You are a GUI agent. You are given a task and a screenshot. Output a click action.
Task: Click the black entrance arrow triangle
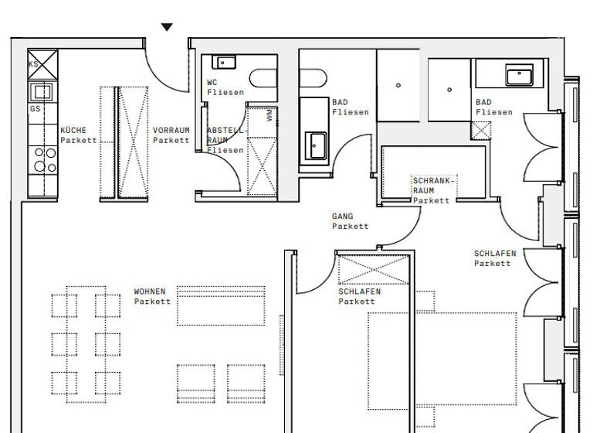coord(167,28)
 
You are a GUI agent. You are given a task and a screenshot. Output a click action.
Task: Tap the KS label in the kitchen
coord(34,64)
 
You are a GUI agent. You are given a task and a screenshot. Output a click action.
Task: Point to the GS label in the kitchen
coord(35,109)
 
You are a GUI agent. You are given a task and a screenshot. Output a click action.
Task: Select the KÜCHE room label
coord(74,131)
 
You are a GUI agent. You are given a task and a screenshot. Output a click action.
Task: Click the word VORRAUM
coord(171,131)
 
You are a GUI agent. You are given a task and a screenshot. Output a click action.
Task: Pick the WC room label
coord(212,82)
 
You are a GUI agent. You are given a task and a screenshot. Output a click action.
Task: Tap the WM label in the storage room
coord(269,115)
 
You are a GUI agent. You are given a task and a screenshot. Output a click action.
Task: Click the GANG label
coord(343,217)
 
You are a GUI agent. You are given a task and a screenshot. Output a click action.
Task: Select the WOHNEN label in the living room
coord(150,292)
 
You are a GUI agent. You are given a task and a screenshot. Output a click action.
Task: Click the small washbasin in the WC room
coord(225,63)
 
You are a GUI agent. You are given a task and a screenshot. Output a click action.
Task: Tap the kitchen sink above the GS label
coord(41,92)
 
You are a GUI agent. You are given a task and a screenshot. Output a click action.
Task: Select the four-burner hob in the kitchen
coord(43,159)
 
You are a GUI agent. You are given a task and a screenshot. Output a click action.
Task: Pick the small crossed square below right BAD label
coord(481,130)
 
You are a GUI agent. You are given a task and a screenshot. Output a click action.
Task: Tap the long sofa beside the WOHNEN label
coord(221,305)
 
